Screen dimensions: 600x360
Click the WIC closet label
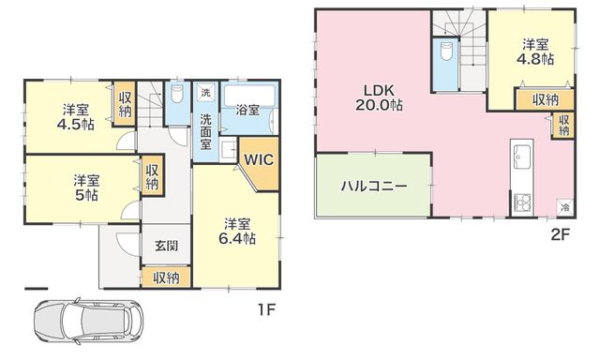[259, 159]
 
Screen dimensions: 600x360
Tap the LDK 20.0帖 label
[379, 97]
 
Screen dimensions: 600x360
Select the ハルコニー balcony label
[374, 187]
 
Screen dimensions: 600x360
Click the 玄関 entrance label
[167, 246]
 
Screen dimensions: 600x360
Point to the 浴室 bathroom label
[247, 111]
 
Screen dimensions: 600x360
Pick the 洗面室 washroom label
[206, 132]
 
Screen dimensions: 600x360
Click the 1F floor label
[266, 309]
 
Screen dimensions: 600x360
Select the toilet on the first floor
[176, 94]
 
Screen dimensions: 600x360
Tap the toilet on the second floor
[446, 51]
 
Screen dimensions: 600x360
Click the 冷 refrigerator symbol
[565, 208]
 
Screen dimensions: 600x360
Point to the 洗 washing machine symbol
[205, 93]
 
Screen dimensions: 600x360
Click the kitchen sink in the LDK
[521, 156]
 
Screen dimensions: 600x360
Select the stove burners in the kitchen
[522, 202]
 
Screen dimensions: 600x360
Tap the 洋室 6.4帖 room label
[237, 231]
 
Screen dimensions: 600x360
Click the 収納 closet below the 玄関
[167, 277]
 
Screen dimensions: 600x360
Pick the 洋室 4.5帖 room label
[76, 117]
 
